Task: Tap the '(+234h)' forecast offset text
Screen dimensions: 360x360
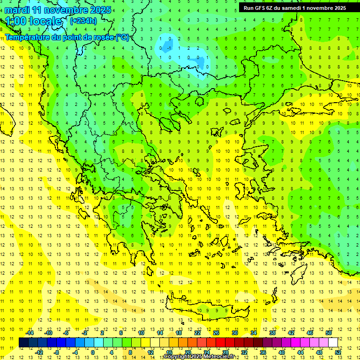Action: (83, 21)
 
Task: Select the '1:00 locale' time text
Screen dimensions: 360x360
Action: (34, 21)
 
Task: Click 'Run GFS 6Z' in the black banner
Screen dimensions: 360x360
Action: (258, 8)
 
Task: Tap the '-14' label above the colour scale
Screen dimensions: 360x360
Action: (30, 333)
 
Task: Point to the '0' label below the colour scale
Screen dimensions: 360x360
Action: (92, 352)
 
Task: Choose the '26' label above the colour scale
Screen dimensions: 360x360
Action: (216, 333)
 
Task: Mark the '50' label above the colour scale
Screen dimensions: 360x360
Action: (329, 333)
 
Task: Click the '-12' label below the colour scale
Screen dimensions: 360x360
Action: (39, 352)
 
